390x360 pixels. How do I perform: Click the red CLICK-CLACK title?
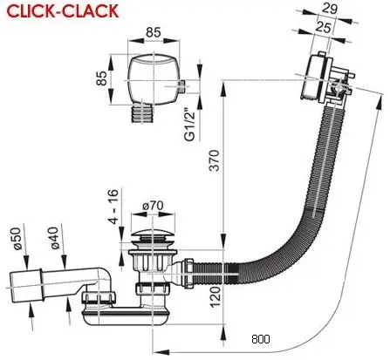pyautogui.click(x=63, y=11)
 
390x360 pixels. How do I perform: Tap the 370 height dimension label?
pyautogui.click(x=215, y=160)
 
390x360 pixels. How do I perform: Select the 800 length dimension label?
pyautogui.click(x=261, y=339)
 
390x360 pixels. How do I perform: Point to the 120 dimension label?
pyautogui.click(x=216, y=296)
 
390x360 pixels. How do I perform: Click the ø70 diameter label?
pyautogui.click(x=153, y=206)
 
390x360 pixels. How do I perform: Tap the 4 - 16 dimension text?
pyautogui.click(x=113, y=207)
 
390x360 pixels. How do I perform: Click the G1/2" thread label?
pyautogui.click(x=190, y=125)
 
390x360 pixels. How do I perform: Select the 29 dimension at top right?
pyautogui.click(x=330, y=9)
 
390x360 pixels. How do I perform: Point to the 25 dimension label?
pyautogui.click(x=323, y=27)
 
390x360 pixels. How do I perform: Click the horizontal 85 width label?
pyautogui.click(x=154, y=32)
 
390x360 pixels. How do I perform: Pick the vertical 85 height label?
pyautogui.click(x=101, y=78)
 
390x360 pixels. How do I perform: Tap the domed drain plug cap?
pyautogui.click(x=153, y=234)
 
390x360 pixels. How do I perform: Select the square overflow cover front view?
pyautogui.click(x=153, y=78)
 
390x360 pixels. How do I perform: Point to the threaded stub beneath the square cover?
pyautogui.click(x=142, y=113)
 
